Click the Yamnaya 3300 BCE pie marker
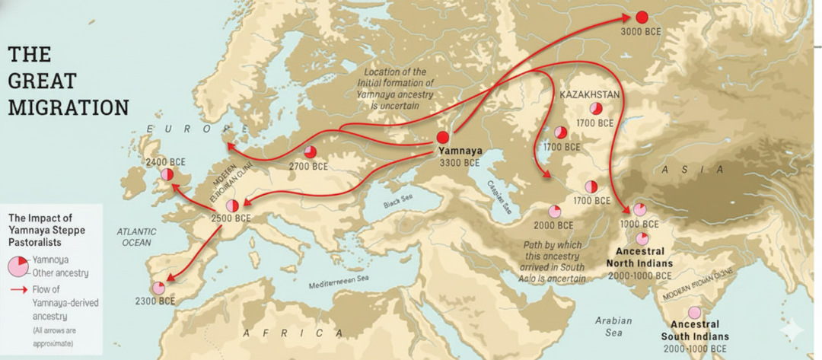(442, 137)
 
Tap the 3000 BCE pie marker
(642, 17)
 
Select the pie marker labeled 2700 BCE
(311, 151)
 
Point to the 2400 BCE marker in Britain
(167, 176)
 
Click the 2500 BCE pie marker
(233, 205)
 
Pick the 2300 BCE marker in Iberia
(158, 288)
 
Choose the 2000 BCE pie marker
(554, 211)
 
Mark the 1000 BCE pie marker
(639, 209)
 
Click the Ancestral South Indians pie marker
(694, 312)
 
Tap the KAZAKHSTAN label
(590, 94)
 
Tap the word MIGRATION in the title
(68, 107)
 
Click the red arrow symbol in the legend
(19, 290)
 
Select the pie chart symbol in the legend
(19, 266)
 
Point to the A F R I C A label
(293, 333)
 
